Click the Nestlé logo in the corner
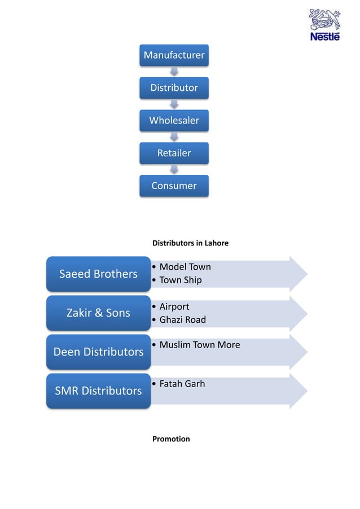point(324,25)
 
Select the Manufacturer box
point(174,55)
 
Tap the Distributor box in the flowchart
point(174,88)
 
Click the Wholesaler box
point(174,121)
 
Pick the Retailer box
point(174,153)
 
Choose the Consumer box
point(174,186)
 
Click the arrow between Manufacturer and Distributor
point(174,72)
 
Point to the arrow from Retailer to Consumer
point(174,169)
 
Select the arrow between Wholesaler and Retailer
point(174,137)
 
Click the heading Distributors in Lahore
point(190,243)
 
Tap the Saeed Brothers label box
point(98,274)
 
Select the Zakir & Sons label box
point(98,313)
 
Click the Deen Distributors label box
point(98,352)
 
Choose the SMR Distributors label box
point(98,390)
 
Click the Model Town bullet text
point(185,267)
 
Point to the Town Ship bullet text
point(180,280)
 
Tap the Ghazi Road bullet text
point(182,319)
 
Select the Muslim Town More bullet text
point(199,345)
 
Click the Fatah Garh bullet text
point(182,384)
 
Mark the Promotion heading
point(171,439)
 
